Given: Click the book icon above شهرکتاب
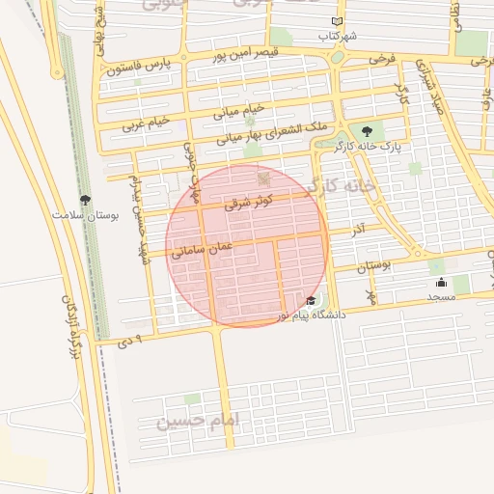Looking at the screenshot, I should click(x=336, y=21).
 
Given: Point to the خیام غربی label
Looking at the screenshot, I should click(x=146, y=123).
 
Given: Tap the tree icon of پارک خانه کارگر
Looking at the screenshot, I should click(x=366, y=130).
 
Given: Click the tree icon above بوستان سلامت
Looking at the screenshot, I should click(x=86, y=201).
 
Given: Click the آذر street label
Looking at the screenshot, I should click(x=357, y=232).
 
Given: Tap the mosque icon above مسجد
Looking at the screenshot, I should click(x=441, y=282).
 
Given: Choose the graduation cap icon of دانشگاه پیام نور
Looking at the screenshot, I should click(x=310, y=301).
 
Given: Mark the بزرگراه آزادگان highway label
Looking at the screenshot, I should click(x=75, y=328).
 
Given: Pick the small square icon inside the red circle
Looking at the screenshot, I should click(x=263, y=179).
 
